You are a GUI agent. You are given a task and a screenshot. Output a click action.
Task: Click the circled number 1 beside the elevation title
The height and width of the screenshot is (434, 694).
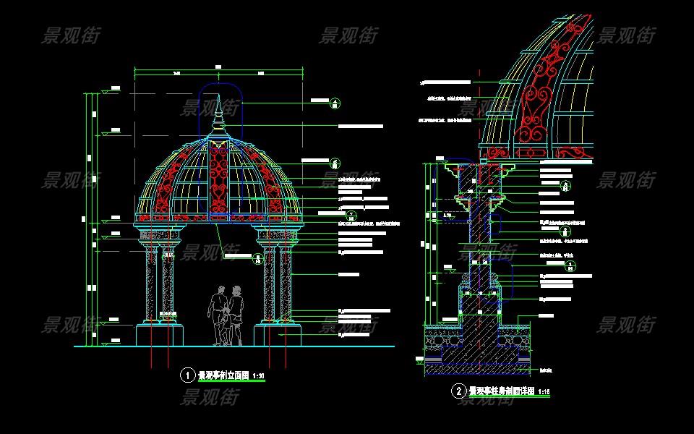[x=187, y=375]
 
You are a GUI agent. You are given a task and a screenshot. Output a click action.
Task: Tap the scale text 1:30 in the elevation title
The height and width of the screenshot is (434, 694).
[x=258, y=375]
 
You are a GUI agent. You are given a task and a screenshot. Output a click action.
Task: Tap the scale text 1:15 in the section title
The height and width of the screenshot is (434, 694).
[x=544, y=391]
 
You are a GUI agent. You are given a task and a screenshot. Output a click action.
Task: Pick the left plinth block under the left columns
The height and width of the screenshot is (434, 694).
[x=159, y=336]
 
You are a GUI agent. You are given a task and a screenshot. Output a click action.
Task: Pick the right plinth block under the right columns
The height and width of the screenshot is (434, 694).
[x=278, y=336]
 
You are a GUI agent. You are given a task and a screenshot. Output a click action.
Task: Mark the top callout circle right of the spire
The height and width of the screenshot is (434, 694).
[x=335, y=104]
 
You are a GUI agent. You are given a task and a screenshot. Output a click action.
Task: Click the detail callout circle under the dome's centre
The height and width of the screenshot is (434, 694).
[x=258, y=258]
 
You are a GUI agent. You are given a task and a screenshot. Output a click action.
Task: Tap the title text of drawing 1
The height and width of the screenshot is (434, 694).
[x=223, y=375]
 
